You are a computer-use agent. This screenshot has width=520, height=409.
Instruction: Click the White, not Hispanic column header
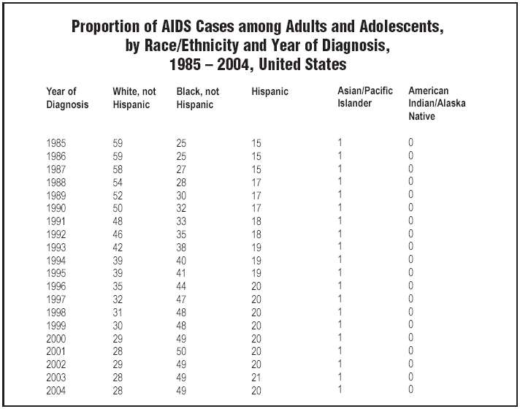134,98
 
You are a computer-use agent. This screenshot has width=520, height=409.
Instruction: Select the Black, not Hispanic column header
198,98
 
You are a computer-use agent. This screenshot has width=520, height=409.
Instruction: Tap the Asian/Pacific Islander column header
365,97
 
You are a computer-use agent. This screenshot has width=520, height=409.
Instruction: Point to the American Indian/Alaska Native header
437,103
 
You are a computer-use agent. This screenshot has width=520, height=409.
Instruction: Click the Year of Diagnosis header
67,98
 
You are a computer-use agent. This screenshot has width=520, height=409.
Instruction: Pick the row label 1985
56,143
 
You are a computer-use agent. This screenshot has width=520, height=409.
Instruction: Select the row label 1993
56,248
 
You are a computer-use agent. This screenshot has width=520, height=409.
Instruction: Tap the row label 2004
56,391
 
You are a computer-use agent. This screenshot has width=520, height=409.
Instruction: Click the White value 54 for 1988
118,183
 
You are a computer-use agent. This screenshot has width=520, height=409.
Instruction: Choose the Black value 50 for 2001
181,351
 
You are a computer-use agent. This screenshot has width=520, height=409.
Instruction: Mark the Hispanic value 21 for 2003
256,377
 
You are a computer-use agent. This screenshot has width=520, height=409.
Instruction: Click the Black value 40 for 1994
181,261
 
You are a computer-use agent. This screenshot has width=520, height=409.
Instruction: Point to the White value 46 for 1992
118,234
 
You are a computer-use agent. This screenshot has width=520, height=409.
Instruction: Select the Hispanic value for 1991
256,221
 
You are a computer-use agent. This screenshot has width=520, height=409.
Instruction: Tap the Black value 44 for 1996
181,286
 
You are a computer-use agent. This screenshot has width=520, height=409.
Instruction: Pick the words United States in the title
302,64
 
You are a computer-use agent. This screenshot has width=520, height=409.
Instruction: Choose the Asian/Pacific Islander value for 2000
340,337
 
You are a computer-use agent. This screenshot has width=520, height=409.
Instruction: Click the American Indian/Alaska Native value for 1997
411,299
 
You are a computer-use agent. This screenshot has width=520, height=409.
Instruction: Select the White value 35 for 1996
118,286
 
